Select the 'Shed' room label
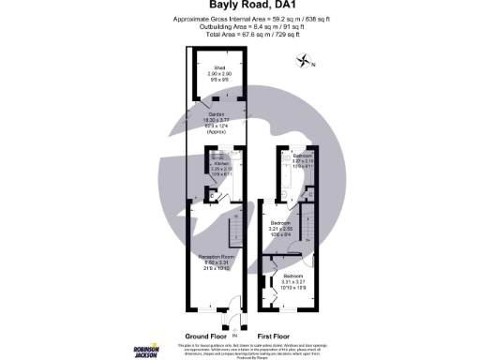219,68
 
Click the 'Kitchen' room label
221,163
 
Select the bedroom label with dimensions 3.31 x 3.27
299,277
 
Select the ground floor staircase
237,229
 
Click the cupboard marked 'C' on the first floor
311,194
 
